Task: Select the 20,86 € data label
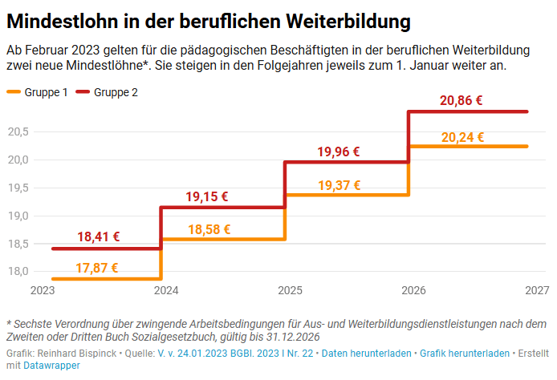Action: [461, 101]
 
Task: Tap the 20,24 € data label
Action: [462, 137]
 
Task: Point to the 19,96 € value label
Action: [338, 151]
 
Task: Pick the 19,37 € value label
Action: [339, 185]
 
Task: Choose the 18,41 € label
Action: [99, 236]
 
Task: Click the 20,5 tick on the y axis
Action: [18, 131]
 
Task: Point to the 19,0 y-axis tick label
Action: [18, 216]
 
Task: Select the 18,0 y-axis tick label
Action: [18, 272]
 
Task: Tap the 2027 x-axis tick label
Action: [536, 290]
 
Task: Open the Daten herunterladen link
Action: [367, 353]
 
